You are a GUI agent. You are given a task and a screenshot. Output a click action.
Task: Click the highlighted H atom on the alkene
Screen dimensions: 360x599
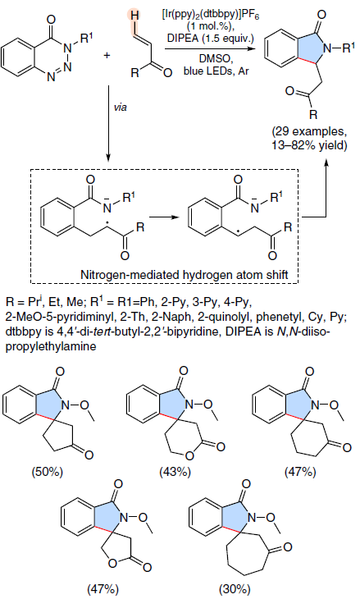tap(134, 16)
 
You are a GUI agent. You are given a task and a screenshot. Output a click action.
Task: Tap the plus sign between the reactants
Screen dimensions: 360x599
tap(107, 55)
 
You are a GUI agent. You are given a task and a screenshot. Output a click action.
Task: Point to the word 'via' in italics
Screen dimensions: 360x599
tap(121, 107)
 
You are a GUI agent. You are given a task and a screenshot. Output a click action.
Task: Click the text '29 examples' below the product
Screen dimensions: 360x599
tap(308, 132)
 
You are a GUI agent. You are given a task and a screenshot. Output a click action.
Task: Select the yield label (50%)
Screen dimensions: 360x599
tap(47, 472)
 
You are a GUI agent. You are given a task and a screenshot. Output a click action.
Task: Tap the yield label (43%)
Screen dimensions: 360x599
tap(175, 472)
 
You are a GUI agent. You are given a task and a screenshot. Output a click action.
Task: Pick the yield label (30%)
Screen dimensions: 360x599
tap(235, 588)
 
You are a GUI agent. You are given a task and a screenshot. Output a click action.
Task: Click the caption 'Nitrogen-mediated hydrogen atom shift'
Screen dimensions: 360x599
tap(184, 275)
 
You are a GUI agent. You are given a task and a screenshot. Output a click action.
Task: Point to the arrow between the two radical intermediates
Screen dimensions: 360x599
tap(164, 217)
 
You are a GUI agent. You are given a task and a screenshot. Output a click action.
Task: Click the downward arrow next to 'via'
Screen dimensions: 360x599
tap(108, 122)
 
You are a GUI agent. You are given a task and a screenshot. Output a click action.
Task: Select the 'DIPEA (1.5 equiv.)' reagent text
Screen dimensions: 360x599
tap(211, 39)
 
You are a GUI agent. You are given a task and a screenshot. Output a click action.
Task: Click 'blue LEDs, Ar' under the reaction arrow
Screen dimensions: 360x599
tap(216, 71)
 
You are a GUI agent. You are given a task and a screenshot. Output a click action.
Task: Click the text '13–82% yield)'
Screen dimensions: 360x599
tap(310, 146)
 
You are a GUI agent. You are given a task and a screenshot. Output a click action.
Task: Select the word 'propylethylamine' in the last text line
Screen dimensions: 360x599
tap(51, 346)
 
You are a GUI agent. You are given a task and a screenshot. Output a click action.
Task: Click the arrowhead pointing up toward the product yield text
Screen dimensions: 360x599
tap(326, 164)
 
